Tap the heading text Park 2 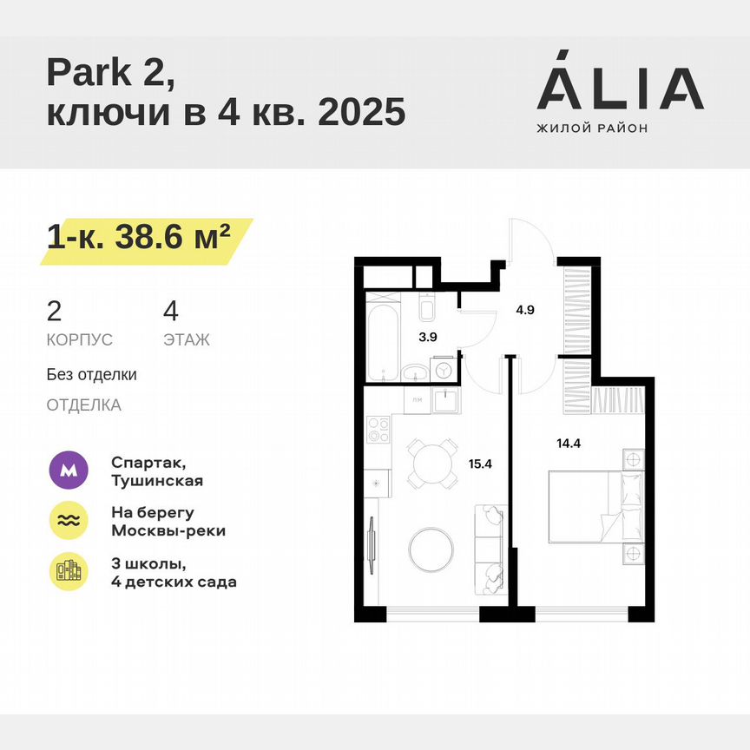[110, 73]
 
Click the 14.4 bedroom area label [569, 442]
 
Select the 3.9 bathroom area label [427, 339]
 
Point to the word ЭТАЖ [186, 339]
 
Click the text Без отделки [92, 375]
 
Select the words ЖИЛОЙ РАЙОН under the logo [592, 128]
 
